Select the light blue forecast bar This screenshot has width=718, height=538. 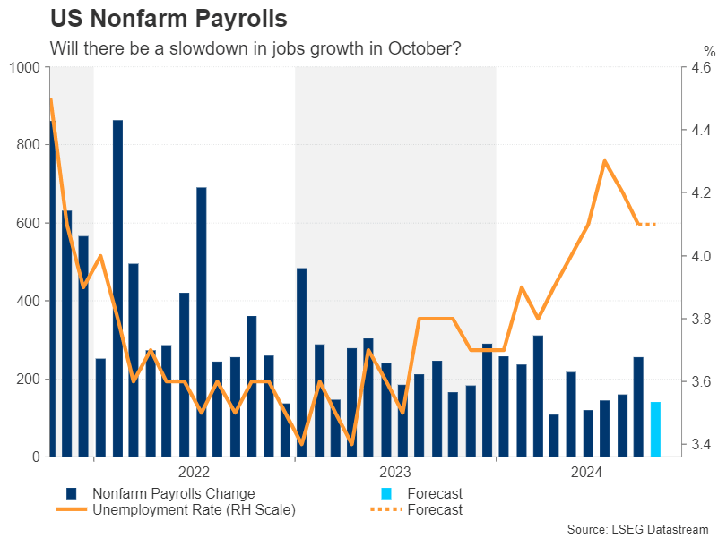pyautogui.click(x=655, y=429)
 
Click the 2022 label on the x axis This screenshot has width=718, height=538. pyautogui.click(x=195, y=472)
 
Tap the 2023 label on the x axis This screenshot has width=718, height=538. pyautogui.click(x=395, y=472)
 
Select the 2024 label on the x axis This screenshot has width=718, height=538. pyautogui.click(x=587, y=472)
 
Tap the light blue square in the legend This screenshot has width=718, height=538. pyautogui.click(x=386, y=493)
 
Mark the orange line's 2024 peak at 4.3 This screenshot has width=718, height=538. pyautogui.click(x=605, y=161)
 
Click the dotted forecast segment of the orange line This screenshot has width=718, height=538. pyautogui.click(x=647, y=224)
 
